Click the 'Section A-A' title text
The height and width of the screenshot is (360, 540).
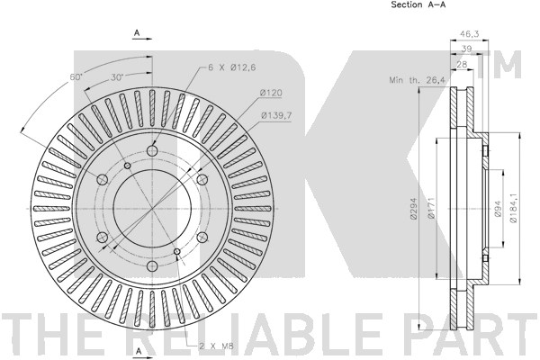click(x=418, y=4)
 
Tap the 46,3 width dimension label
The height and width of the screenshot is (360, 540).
click(x=470, y=34)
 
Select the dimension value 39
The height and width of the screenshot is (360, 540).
click(x=466, y=49)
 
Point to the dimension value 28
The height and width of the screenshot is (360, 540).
click(x=462, y=65)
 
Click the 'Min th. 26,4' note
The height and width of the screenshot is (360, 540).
click(x=417, y=80)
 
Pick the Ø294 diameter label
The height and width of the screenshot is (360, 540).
click(x=414, y=209)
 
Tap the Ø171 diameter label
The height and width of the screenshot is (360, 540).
click(x=430, y=209)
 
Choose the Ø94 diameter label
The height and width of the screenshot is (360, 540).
click(x=498, y=209)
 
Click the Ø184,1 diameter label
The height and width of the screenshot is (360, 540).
click(x=513, y=208)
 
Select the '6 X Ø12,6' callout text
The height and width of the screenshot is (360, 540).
click(x=232, y=67)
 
